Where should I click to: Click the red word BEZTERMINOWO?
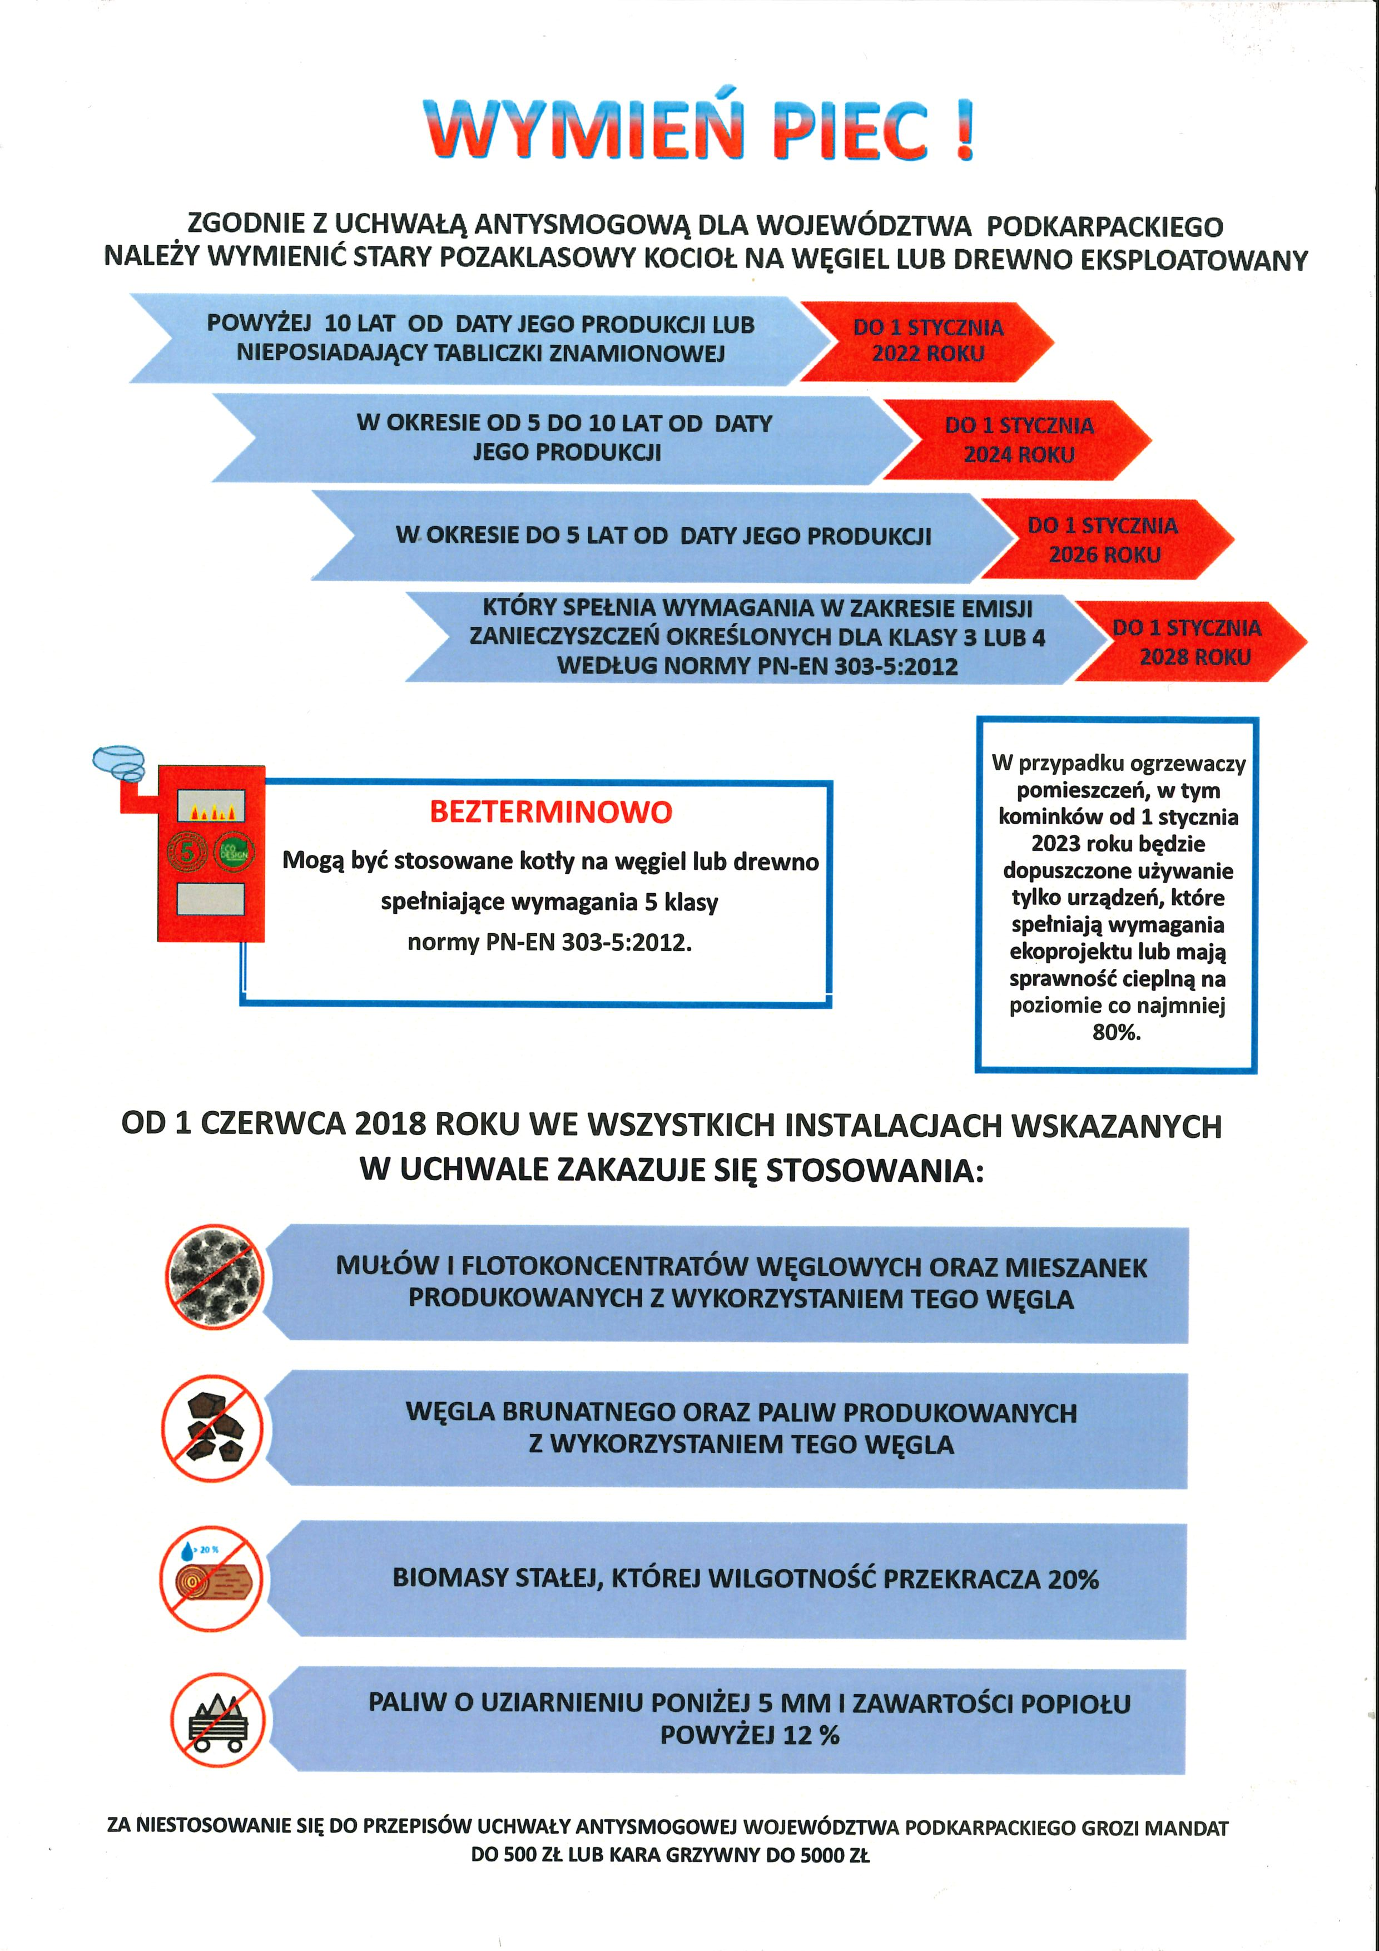click(550, 813)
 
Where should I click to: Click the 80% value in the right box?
click(1115, 1032)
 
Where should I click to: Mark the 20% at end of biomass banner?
click(1073, 1579)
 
